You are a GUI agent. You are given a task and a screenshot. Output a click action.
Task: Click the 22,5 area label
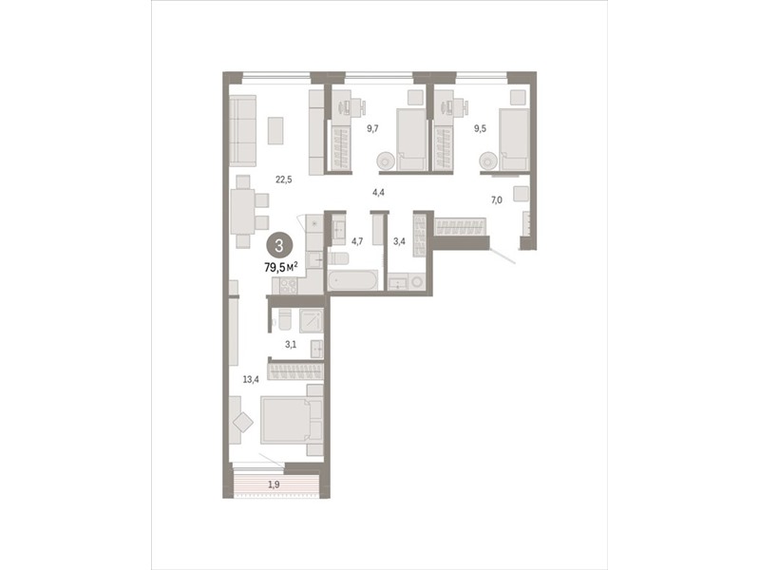(x=283, y=180)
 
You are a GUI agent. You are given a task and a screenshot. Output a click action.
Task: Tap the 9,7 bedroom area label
(x=372, y=128)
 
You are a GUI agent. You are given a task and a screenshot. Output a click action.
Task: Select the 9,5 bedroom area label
(x=480, y=129)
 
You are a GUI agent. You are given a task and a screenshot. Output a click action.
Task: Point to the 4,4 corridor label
(x=378, y=193)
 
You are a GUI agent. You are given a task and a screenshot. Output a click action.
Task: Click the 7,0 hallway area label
(x=496, y=199)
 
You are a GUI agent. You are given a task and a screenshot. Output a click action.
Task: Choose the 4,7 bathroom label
(x=357, y=241)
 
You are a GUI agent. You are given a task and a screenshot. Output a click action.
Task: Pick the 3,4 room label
(x=399, y=241)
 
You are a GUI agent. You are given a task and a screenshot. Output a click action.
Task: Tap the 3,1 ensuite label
(x=291, y=345)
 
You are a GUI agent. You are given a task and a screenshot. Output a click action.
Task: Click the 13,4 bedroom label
(x=251, y=379)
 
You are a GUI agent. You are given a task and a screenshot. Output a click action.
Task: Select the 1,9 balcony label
(x=274, y=484)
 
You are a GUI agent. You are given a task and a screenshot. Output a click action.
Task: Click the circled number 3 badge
(x=278, y=245)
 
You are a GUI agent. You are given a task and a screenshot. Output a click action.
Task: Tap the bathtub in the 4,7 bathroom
(x=352, y=280)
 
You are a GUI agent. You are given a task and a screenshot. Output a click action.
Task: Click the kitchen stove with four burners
(x=288, y=286)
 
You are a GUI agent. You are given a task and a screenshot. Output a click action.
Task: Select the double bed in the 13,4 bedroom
(x=292, y=420)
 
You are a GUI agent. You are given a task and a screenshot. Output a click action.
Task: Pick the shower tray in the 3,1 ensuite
(x=312, y=320)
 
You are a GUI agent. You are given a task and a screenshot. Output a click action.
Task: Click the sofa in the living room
(x=242, y=131)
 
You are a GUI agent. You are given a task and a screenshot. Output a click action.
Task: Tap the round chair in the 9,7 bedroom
(x=387, y=161)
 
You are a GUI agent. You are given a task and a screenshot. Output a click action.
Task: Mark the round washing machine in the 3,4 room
(x=416, y=281)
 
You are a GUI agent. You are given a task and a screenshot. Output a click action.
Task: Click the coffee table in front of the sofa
(x=275, y=130)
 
